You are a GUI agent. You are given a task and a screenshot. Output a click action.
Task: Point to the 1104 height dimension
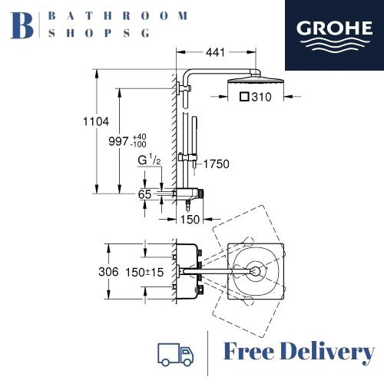[98, 121]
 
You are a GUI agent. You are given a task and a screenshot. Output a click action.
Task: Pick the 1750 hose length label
[217, 162]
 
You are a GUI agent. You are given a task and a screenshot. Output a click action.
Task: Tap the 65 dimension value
[144, 195]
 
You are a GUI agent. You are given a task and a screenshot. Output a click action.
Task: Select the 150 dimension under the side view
[190, 219]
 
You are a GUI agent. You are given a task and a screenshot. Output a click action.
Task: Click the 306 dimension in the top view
[110, 272]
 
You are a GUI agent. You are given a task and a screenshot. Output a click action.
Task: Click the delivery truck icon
[175, 353]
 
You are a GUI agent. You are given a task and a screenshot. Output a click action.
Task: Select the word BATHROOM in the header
[118, 15]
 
